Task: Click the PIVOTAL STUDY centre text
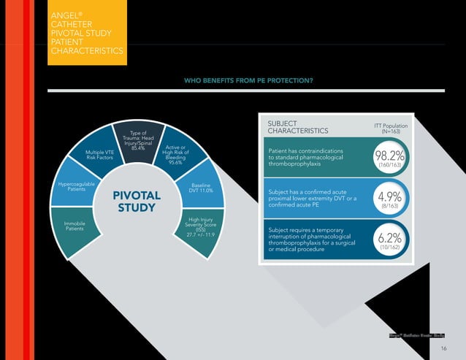pos(136,202)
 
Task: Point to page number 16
pos(443,350)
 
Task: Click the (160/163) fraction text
pos(389,166)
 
